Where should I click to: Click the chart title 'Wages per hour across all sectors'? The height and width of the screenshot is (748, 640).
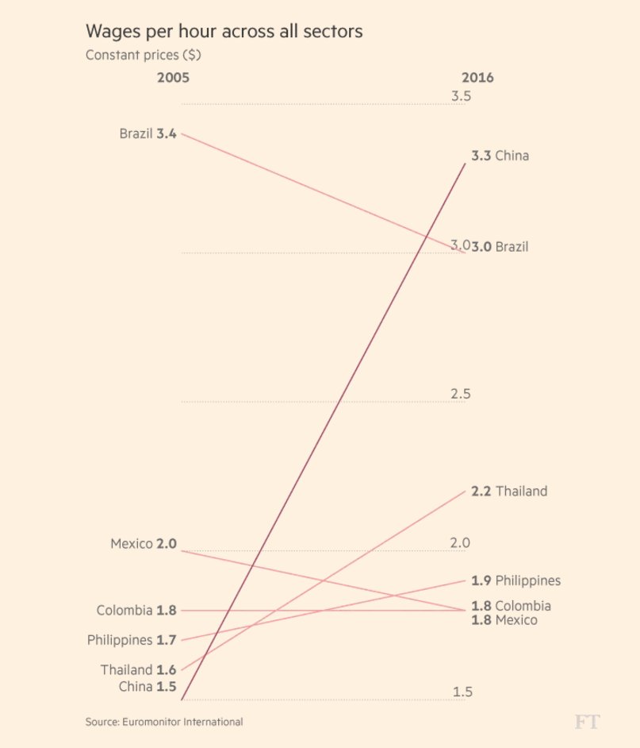(x=224, y=32)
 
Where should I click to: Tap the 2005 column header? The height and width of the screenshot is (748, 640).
(x=173, y=78)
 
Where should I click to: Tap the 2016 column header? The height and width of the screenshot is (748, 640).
(x=477, y=78)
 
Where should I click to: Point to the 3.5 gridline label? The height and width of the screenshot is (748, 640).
(x=462, y=97)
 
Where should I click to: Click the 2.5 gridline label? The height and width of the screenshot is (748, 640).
(x=461, y=394)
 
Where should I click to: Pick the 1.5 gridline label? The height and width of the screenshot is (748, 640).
(x=463, y=692)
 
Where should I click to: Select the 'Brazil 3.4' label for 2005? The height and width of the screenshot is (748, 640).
(x=148, y=133)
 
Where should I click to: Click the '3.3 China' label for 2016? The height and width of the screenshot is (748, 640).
(x=500, y=156)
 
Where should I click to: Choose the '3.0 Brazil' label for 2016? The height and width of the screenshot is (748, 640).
(x=500, y=247)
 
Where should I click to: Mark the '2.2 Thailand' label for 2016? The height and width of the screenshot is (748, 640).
(x=509, y=492)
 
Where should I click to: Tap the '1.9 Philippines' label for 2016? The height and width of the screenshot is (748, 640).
(x=515, y=580)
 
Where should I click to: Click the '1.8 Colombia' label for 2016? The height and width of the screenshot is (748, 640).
(x=511, y=606)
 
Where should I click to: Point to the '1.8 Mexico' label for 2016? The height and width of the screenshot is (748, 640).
(x=504, y=620)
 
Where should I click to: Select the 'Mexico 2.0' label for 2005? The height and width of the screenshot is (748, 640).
(x=144, y=544)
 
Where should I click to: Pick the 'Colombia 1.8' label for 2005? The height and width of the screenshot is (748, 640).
(x=136, y=611)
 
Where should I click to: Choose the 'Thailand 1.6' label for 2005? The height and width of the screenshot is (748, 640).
(x=138, y=670)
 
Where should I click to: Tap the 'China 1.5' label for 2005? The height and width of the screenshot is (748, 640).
(x=148, y=686)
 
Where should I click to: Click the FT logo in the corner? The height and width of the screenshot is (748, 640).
(x=587, y=722)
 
